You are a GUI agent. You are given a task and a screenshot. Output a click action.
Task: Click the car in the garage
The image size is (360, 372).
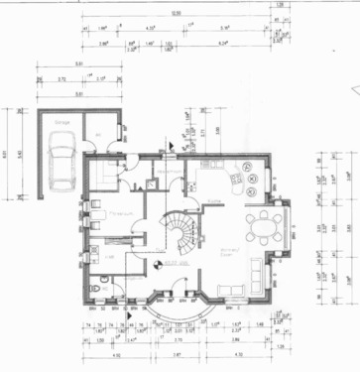[61, 166]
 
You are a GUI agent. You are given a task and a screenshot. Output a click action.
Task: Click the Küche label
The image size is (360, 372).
[214, 201]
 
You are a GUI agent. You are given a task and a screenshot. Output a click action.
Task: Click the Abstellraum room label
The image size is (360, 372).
[167, 169]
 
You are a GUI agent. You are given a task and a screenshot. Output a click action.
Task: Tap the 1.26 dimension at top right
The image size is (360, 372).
[280, 5]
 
